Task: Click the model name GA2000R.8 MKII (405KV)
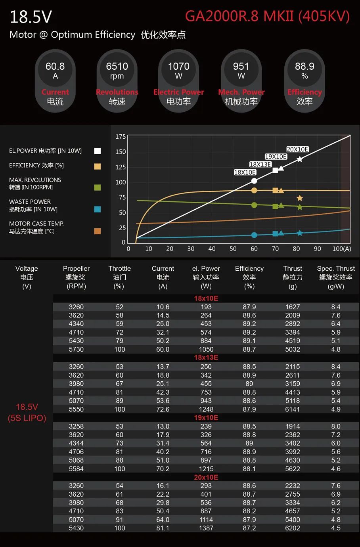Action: click(x=267, y=16)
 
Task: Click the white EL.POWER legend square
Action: click(x=97, y=151)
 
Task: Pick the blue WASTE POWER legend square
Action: click(x=97, y=209)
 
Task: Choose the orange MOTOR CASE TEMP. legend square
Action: click(x=97, y=231)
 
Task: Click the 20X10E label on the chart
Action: click(x=297, y=149)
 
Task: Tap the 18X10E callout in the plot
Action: click(x=245, y=172)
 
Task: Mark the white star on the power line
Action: click(x=300, y=159)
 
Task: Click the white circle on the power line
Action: click(x=254, y=181)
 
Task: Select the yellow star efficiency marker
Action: click(x=300, y=198)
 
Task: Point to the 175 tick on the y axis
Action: click(x=121, y=137)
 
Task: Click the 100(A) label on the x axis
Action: click(x=341, y=249)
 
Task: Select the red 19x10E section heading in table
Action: click(x=206, y=417)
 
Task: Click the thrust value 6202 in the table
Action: click(x=293, y=528)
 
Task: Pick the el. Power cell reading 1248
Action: click(x=206, y=409)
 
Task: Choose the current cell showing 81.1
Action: click(x=163, y=528)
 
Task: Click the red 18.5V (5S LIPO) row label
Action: click(x=27, y=412)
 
